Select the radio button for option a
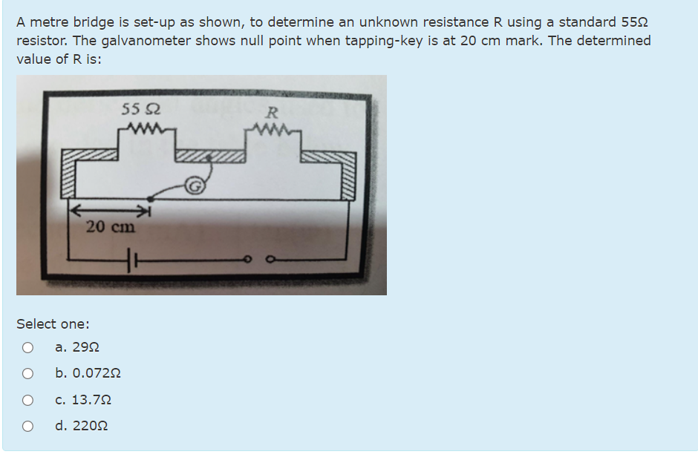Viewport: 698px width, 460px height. pyautogui.click(x=27, y=347)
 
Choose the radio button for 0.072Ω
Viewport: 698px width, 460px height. pyautogui.click(x=27, y=373)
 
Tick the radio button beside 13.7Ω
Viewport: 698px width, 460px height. pyautogui.click(x=27, y=400)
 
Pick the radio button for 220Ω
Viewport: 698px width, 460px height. pyautogui.click(x=27, y=427)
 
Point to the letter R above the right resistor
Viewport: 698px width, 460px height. pyautogui.click(x=272, y=114)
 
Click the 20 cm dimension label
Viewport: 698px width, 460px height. pyautogui.click(x=111, y=227)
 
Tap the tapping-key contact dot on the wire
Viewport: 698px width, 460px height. pyautogui.click(x=151, y=199)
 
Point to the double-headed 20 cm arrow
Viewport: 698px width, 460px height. pyautogui.click(x=111, y=212)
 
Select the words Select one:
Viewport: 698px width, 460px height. pyautogui.click(x=53, y=323)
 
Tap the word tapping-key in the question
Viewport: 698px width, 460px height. pyautogui.click(x=379, y=41)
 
